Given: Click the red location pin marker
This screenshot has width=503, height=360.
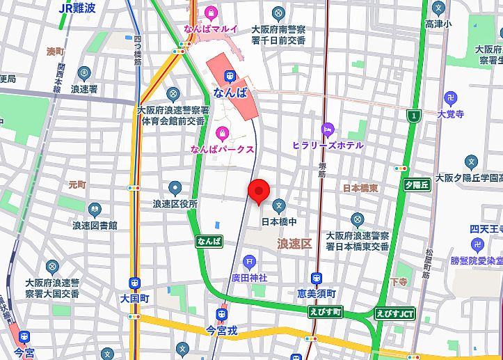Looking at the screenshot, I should tap(259, 191).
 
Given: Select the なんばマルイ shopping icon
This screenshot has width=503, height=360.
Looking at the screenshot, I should tap(211, 13).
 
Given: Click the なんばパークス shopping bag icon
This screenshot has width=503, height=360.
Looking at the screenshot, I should tap(222, 133).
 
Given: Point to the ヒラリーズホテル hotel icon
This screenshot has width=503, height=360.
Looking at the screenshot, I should tap(327, 129).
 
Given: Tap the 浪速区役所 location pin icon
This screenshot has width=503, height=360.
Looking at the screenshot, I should tap(175, 187).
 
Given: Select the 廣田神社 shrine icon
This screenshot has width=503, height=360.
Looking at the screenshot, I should tap(250, 262).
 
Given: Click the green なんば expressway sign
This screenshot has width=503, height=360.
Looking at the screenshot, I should tap(209, 241).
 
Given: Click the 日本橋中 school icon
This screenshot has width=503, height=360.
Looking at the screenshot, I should tap(278, 205).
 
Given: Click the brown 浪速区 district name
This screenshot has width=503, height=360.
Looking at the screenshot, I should tap(294, 243).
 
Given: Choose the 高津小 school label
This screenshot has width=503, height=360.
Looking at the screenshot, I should tap(438, 24).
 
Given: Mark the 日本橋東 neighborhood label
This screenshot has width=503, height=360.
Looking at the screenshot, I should tap(360, 189).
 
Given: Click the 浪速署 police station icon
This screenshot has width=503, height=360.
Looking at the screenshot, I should tap(84, 73).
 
